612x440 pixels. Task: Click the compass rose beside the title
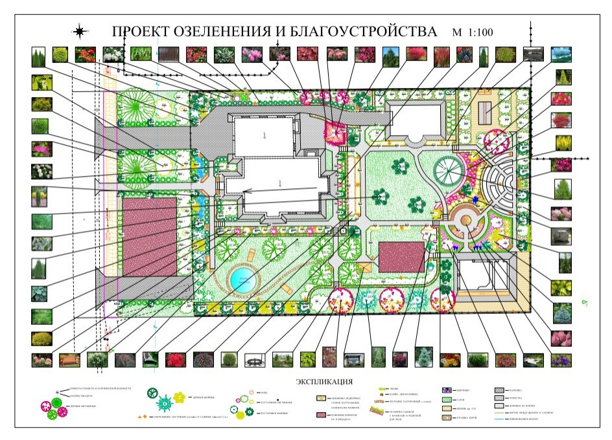[80, 30]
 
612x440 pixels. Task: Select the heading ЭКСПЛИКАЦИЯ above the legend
[324, 381]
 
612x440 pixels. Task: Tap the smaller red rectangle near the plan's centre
[401, 256]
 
